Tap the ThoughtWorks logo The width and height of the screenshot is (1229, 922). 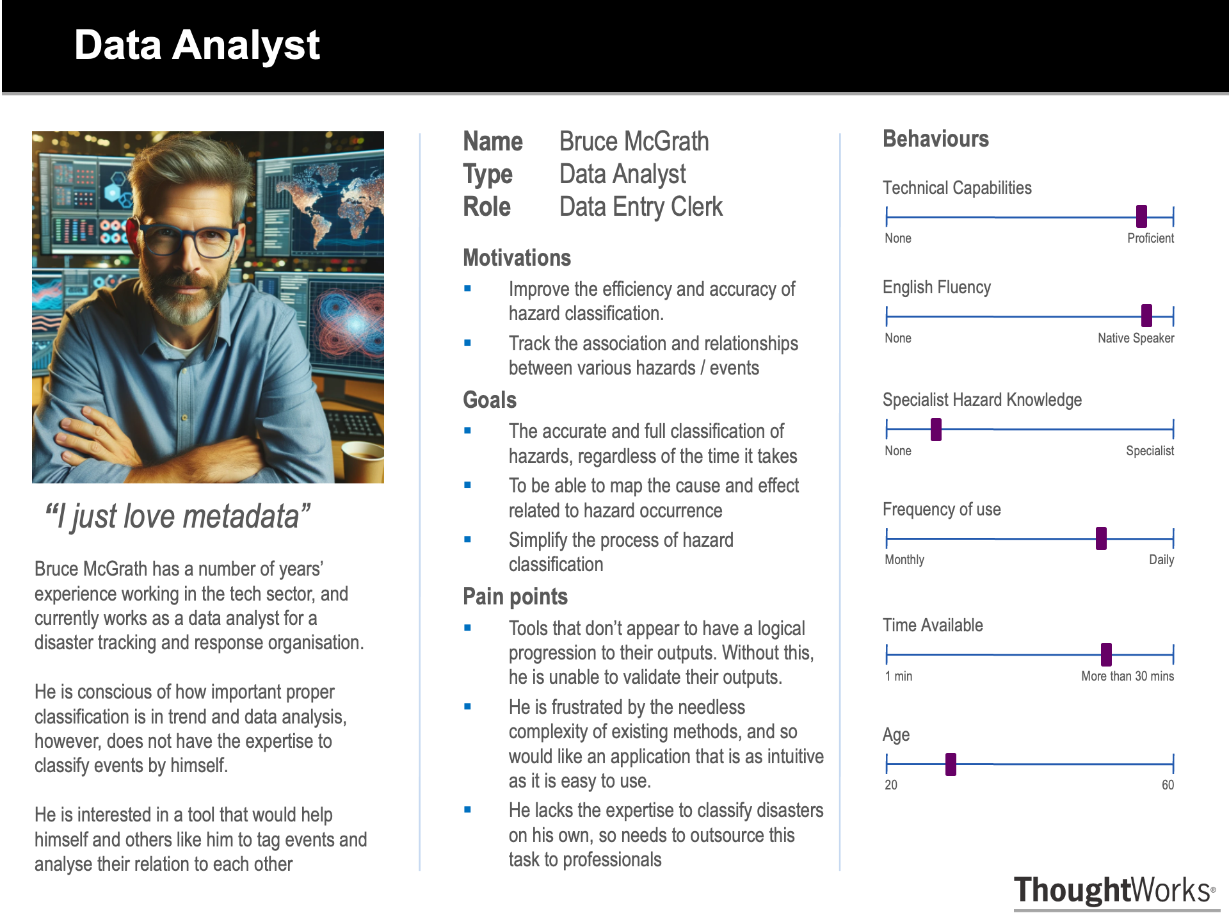coord(1114,891)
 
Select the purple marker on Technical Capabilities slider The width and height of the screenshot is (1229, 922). coord(1141,216)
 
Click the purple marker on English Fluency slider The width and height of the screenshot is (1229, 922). coord(1146,316)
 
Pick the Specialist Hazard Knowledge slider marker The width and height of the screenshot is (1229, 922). coord(936,429)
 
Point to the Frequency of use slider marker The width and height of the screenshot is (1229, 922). coord(1101,538)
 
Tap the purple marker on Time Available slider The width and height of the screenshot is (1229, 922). coord(1106,654)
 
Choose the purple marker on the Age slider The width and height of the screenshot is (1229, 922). coord(951,764)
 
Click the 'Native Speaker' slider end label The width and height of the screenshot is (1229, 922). coord(1136,338)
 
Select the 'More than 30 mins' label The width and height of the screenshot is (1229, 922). coord(1127,676)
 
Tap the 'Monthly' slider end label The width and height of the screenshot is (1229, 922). coord(904,560)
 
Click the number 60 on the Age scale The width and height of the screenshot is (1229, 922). coord(1168,785)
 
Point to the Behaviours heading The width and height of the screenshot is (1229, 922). coord(935,139)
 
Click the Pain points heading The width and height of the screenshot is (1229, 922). coord(515,597)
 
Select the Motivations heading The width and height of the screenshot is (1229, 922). coord(517,258)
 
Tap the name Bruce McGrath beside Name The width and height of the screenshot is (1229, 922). coord(634,142)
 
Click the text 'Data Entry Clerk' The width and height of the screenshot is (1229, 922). coord(641,207)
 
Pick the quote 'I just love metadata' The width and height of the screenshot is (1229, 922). coord(177,517)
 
